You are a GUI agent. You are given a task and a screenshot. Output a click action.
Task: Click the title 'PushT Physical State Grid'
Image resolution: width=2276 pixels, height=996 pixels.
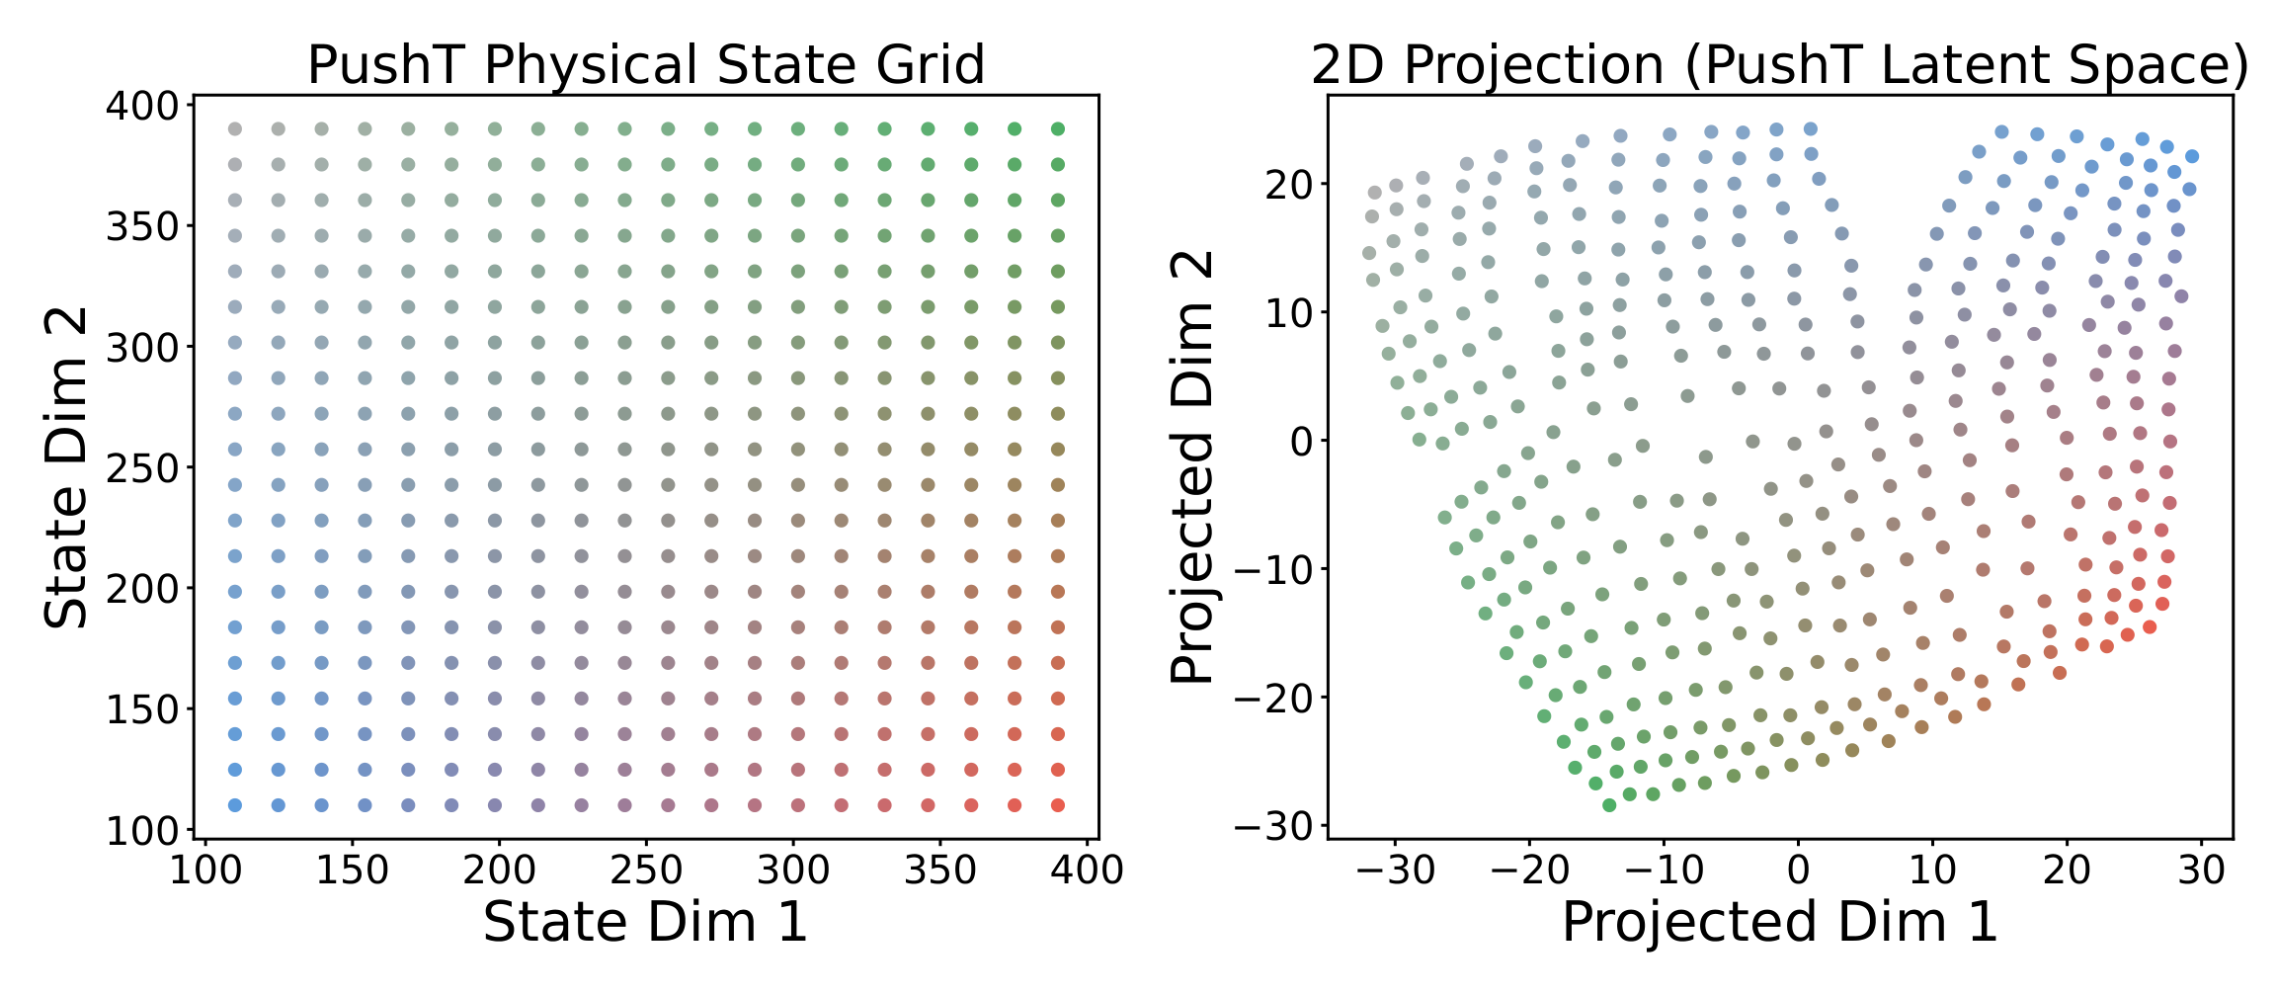tap(646, 65)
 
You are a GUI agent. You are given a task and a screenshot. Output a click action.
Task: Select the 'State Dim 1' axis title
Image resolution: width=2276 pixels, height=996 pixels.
tap(646, 921)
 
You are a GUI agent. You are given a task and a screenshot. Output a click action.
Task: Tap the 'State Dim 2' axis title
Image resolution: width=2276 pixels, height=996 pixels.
tap(67, 467)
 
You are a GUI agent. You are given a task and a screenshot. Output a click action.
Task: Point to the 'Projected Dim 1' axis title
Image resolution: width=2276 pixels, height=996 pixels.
tap(1780, 921)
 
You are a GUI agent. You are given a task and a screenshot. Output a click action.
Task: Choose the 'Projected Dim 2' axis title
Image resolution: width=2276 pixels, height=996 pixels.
tap(1192, 467)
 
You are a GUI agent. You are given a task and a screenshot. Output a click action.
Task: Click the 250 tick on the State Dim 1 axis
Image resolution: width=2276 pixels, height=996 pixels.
tap(645, 871)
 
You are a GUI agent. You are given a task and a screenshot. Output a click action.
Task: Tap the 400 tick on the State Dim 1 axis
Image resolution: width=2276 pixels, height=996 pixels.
tap(1088, 871)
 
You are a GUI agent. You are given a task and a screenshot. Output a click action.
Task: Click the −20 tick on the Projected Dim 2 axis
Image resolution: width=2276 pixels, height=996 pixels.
tap(1274, 698)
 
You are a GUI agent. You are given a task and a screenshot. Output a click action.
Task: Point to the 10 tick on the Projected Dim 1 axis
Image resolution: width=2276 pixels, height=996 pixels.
tap(1932, 871)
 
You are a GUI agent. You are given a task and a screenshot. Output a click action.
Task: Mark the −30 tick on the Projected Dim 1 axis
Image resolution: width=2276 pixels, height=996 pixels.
tap(1395, 871)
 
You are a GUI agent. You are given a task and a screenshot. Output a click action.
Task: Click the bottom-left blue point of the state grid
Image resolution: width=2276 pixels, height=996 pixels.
tap(235, 805)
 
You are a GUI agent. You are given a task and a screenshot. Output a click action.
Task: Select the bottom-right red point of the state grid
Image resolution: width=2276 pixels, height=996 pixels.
tap(1058, 805)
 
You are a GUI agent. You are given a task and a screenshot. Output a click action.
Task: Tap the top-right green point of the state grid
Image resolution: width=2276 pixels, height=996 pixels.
tap(1058, 129)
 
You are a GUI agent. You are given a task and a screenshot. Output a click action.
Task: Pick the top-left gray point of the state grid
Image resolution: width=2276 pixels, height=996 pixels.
tap(235, 129)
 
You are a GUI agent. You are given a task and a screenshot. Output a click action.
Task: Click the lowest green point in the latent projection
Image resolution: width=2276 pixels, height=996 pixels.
tap(1609, 805)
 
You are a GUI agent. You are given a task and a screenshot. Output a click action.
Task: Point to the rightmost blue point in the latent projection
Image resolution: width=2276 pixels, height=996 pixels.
tap(2192, 156)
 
